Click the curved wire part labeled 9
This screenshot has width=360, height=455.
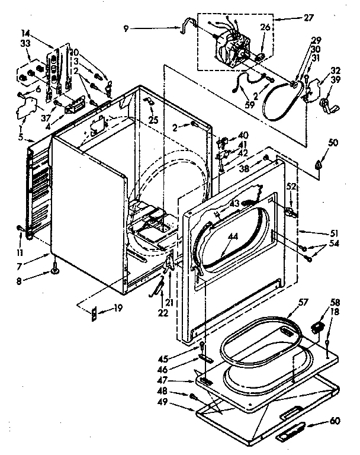coord(189,24)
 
